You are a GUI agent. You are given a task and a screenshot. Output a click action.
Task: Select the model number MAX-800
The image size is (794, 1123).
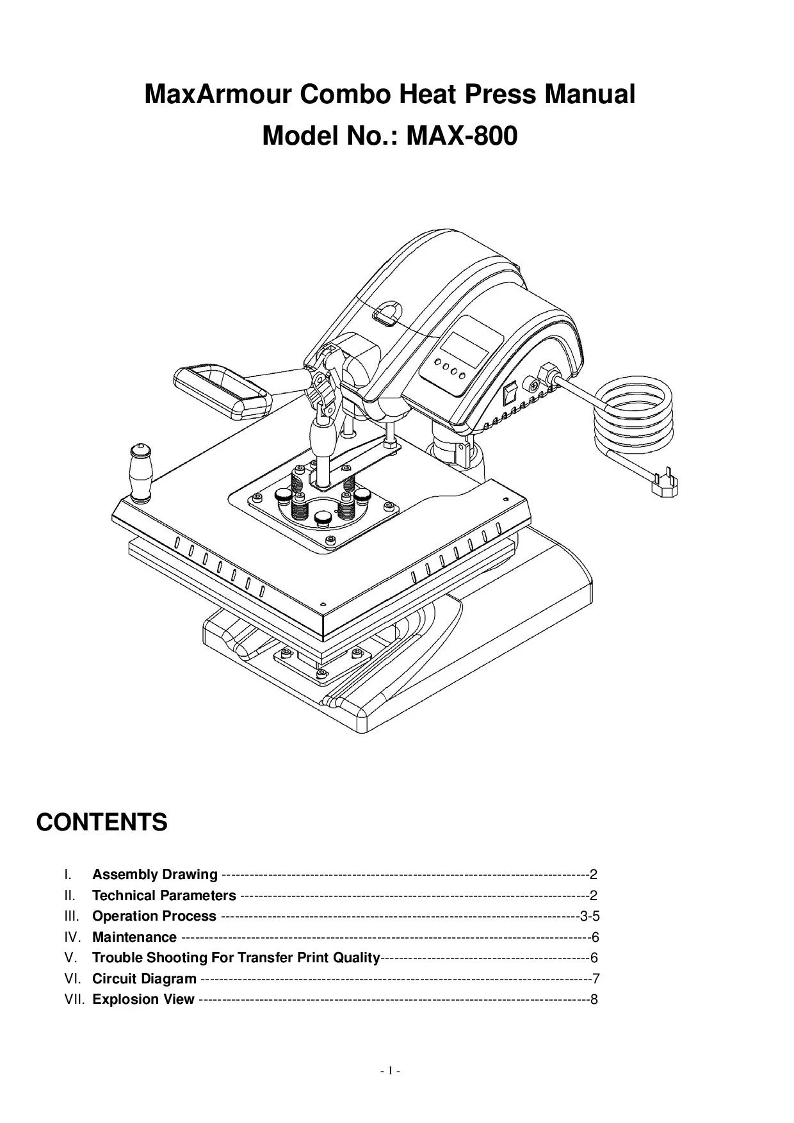pyautogui.click(x=462, y=136)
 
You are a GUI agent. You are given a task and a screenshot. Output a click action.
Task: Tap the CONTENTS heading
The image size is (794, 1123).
pyautogui.click(x=102, y=822)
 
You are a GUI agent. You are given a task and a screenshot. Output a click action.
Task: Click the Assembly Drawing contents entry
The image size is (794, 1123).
pyautogui.click(x=154, y=875)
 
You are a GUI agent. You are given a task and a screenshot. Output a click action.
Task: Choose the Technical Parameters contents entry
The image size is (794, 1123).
pyautogui.click(x=164, y=896)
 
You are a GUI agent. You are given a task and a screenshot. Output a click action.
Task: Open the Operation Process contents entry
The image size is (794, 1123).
pyautogui.click(x=154, y=916)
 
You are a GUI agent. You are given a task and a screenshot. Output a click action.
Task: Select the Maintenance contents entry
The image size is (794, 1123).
pyautogui.click(x=134, y=937)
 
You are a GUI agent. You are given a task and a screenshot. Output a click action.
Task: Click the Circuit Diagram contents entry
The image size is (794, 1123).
pyautogui.click(x=144, y=979)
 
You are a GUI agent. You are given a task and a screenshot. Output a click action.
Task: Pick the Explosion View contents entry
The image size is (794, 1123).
pyautogui.click(x=143, y=999)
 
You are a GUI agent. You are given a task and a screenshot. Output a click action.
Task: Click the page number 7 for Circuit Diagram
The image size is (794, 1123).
pyautogui.click(x=595, y=979)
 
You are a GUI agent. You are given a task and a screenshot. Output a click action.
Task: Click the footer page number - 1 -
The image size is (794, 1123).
pyautogui.click(x=390, y=1070)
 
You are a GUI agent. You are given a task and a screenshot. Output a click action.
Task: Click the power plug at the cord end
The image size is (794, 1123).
pyautogui.click(x=663, y=485)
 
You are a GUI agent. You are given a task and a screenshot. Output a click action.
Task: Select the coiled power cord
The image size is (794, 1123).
pyautogui.click(x=632, y=416)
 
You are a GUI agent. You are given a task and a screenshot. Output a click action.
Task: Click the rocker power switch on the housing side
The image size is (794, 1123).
pyautogui.click(x=510, y=392)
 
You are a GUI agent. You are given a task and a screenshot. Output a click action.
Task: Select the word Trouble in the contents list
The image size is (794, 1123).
pyautogui.click(x=117, y=958)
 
